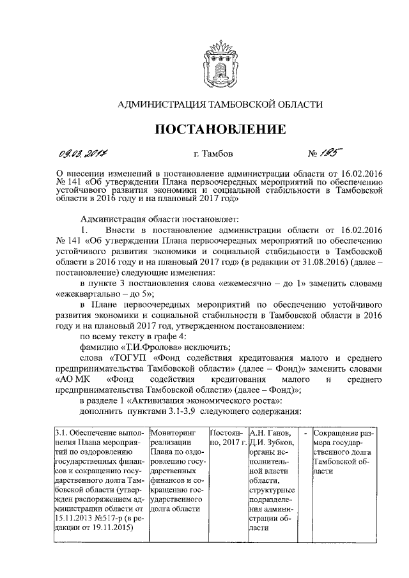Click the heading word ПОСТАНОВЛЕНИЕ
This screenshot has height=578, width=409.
coord(221,129)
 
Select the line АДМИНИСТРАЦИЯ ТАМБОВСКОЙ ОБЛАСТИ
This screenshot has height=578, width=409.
coord(221,103)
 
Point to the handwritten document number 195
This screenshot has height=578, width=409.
coord(334,153)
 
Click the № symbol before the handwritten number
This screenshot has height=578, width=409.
coord(314,154)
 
